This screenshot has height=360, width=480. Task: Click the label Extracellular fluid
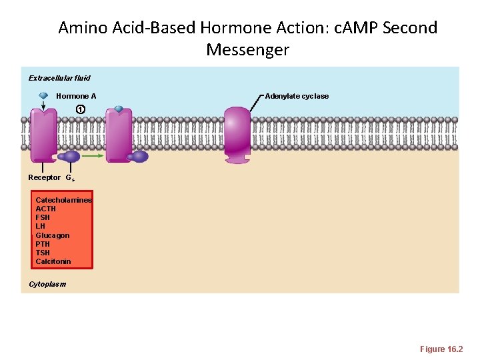[59, 78]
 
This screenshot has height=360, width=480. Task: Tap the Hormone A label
[76, 96]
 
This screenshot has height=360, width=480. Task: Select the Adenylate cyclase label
[297, 96]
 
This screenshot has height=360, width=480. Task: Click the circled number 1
[80, 109]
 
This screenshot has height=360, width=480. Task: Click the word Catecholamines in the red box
[63, 200]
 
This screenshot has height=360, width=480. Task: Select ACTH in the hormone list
[45, 209]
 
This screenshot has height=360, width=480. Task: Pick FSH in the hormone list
[43, 217]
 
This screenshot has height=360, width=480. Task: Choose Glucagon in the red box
[52, 235]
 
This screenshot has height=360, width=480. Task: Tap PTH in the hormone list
[43, 244]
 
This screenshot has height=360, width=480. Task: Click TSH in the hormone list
[43, 253]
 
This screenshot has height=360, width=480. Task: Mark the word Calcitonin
[53, 261]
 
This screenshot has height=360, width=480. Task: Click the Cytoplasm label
[47, 284]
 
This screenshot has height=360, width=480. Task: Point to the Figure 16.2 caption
[441, 349]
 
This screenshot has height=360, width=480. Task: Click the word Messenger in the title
[247, 50]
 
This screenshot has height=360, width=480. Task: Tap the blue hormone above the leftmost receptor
[43, 95]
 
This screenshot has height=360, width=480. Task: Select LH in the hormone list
[40, 226]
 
